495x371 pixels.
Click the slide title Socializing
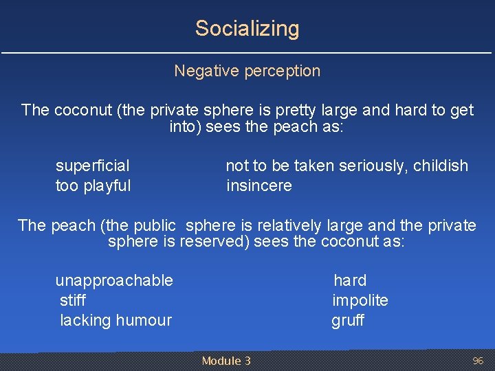[x=247, y=29]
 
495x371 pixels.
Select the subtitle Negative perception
[x=247, y=71]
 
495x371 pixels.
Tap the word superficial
[x=92, y=166]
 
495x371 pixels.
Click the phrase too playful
[x=93, y=185]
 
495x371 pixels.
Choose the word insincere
[x=258, y=185]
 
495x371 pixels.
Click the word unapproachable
[x=114, y=280]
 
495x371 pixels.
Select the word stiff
[x=73, y=300]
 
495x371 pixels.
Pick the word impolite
[x=360, y=300]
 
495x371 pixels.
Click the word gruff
[x=348, y=320]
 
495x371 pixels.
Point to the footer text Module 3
[x=226, y=361]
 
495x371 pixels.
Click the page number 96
[x=478, y=361]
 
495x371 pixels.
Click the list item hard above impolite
[x=350, y=280]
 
